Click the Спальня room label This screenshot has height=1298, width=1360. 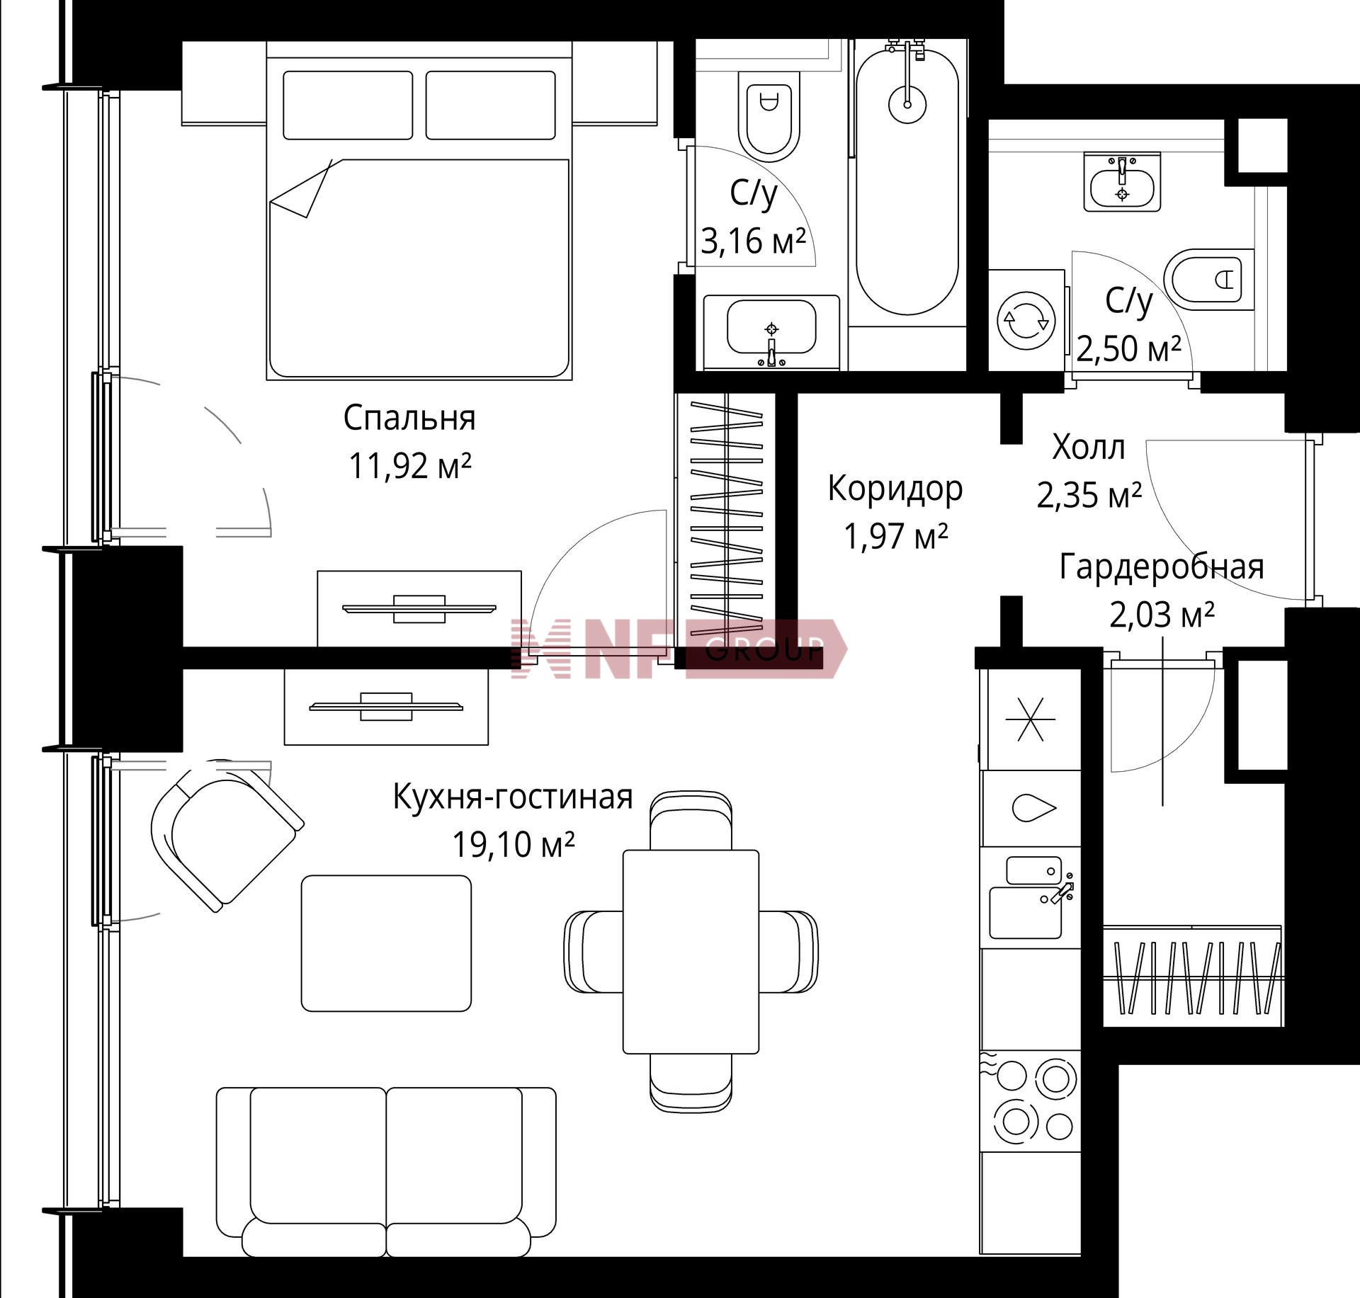point(409,419)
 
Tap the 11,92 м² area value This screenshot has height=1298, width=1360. point(409,466)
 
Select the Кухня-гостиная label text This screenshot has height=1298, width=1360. point(513,797)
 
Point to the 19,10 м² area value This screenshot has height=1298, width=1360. point(513,844)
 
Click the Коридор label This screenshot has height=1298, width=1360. point(895,489)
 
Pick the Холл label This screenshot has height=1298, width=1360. point(1088,448)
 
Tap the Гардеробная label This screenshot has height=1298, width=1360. point(1162,567)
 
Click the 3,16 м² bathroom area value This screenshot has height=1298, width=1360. point(754,241)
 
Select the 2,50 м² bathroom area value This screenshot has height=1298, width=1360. point(1128,348)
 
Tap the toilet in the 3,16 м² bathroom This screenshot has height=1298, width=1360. point(769,116)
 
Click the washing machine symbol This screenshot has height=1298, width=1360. point(1026,321)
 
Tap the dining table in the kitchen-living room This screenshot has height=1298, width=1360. point(691,952)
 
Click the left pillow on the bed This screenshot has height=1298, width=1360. point(348,105)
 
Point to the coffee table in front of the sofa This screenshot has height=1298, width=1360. point(386,943)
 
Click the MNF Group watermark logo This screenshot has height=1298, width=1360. point(679,648)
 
